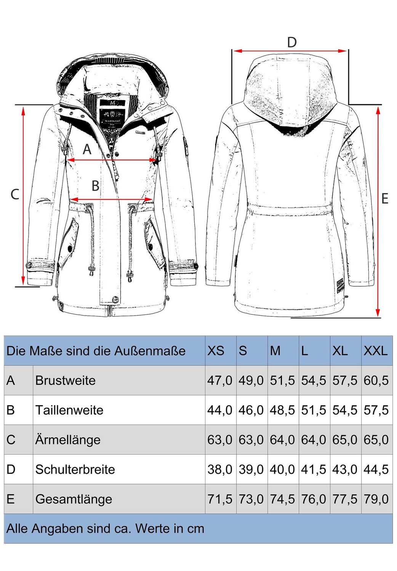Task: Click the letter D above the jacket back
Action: (292, 42)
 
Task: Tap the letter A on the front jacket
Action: (87, 149)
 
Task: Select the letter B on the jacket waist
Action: (95, 186)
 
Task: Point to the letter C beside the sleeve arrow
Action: (15, 194)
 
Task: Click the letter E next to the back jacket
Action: (385, 198)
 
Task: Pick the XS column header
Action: (216, 351)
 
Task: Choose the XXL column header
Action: (375, 351)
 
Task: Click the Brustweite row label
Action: (66, 380)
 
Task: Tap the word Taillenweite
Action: (69, 410)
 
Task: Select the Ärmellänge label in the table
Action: (68, 440)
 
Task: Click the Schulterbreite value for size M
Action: (282, 469)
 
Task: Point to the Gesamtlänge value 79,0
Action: (376, 499)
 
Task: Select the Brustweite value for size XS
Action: (220, 380)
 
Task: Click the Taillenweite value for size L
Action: (314, 410)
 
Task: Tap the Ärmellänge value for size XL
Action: (345, 440)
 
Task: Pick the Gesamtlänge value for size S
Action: (251, 499)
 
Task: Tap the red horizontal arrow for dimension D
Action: (290, 51)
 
